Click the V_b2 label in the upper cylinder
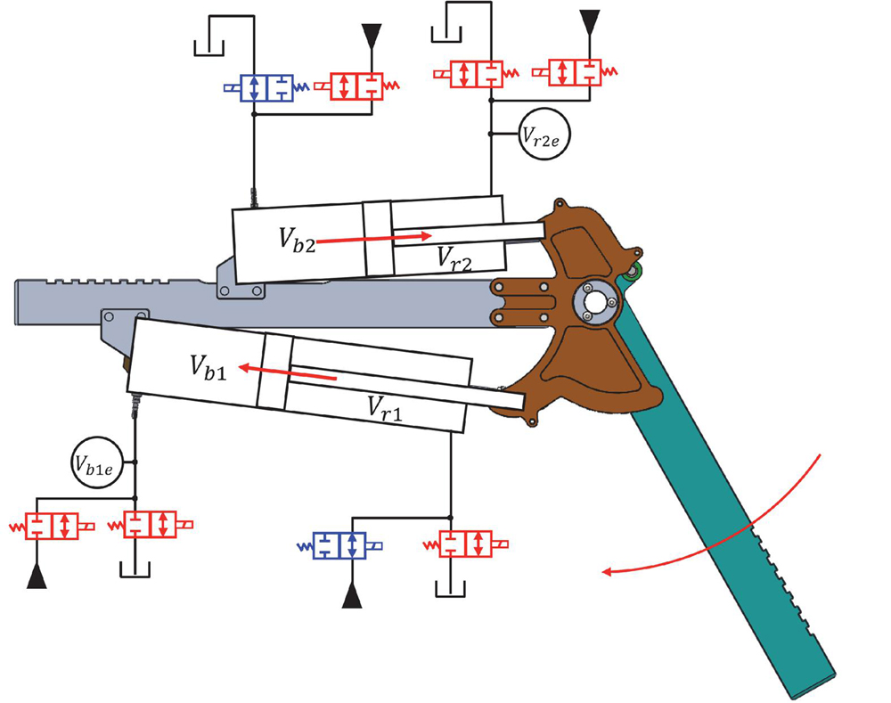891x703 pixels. coord(297,240)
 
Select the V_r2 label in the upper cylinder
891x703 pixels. coord(454,258)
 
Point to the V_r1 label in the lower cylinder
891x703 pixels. coord(385,408)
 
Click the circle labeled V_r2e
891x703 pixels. coord(544,135)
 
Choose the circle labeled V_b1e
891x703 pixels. coord(97,462)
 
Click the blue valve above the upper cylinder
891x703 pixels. coord(266,87)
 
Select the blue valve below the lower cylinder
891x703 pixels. coord(339,546)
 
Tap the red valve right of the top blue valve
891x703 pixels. coord(357,86)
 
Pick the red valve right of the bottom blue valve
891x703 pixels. coord(466,544)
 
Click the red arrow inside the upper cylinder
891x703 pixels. coord(373,239)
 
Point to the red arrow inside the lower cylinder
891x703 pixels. coord(288,372)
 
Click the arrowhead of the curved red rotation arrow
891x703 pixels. coord(607,572)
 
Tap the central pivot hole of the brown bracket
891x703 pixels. coord(594,302)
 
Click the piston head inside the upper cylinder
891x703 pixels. coord(378,239)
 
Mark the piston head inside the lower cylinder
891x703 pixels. coord(275,372)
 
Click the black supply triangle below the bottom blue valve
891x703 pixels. coord(352,599)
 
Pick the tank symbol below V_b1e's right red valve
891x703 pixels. coord(135,570)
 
